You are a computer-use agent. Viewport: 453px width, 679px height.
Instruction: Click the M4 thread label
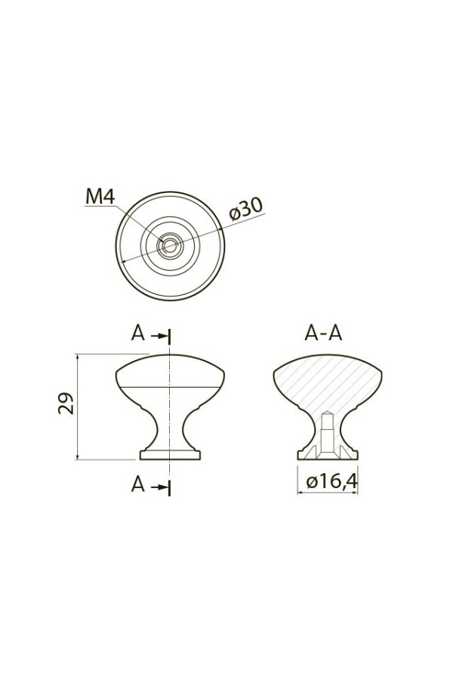tap(100, 197)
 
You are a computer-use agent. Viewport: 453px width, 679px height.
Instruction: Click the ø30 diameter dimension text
tap(246, 209)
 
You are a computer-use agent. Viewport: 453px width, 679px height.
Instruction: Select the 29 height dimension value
tap(66, 404)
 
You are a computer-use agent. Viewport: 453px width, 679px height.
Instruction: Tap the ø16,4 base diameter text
tap(331, 481)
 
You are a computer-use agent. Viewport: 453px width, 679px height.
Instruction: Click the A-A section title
tap(323, 333)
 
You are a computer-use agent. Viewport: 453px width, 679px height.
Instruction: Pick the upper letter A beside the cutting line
tap(138, 333)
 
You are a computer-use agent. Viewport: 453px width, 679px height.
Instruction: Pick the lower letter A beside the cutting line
tap(138, 484)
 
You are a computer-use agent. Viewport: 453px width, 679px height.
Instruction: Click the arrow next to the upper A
tap(159, 336)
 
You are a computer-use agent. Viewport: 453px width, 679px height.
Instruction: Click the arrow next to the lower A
tap(159, 487)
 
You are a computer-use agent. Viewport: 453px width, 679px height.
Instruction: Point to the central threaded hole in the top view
tap(170, 246)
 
